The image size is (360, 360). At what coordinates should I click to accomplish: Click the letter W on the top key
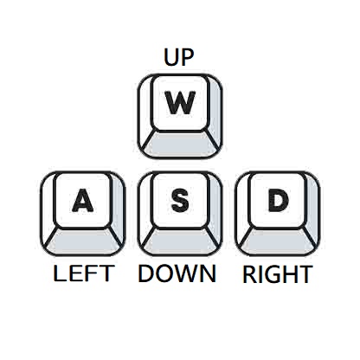coord(180,103)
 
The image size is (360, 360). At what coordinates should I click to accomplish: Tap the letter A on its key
coord(82,200)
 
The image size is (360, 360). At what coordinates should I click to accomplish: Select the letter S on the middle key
coord(180,200)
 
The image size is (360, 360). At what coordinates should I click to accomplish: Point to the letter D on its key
coord(278,200)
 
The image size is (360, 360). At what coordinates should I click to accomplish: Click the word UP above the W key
coord(178,57)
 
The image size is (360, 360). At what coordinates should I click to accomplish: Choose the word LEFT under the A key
coord(82,273)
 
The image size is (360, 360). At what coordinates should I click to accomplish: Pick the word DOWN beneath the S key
coord(177,273)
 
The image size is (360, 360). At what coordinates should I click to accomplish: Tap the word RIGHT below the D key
coord(278,273)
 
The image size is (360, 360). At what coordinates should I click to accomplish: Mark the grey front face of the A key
coord(83,241)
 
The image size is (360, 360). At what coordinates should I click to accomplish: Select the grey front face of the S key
coord(181,241)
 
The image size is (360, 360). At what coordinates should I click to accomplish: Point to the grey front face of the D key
coord(278,241)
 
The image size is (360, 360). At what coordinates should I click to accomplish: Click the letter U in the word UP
coord(170,57)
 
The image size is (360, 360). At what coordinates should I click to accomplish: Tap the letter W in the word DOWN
coord(187,273)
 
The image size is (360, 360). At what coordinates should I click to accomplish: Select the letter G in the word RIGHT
coord(272,273)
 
